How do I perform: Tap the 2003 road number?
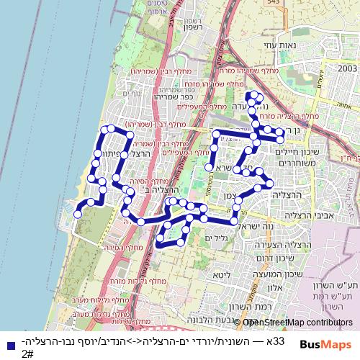point(346,68)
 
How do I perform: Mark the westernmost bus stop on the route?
point(77,214)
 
